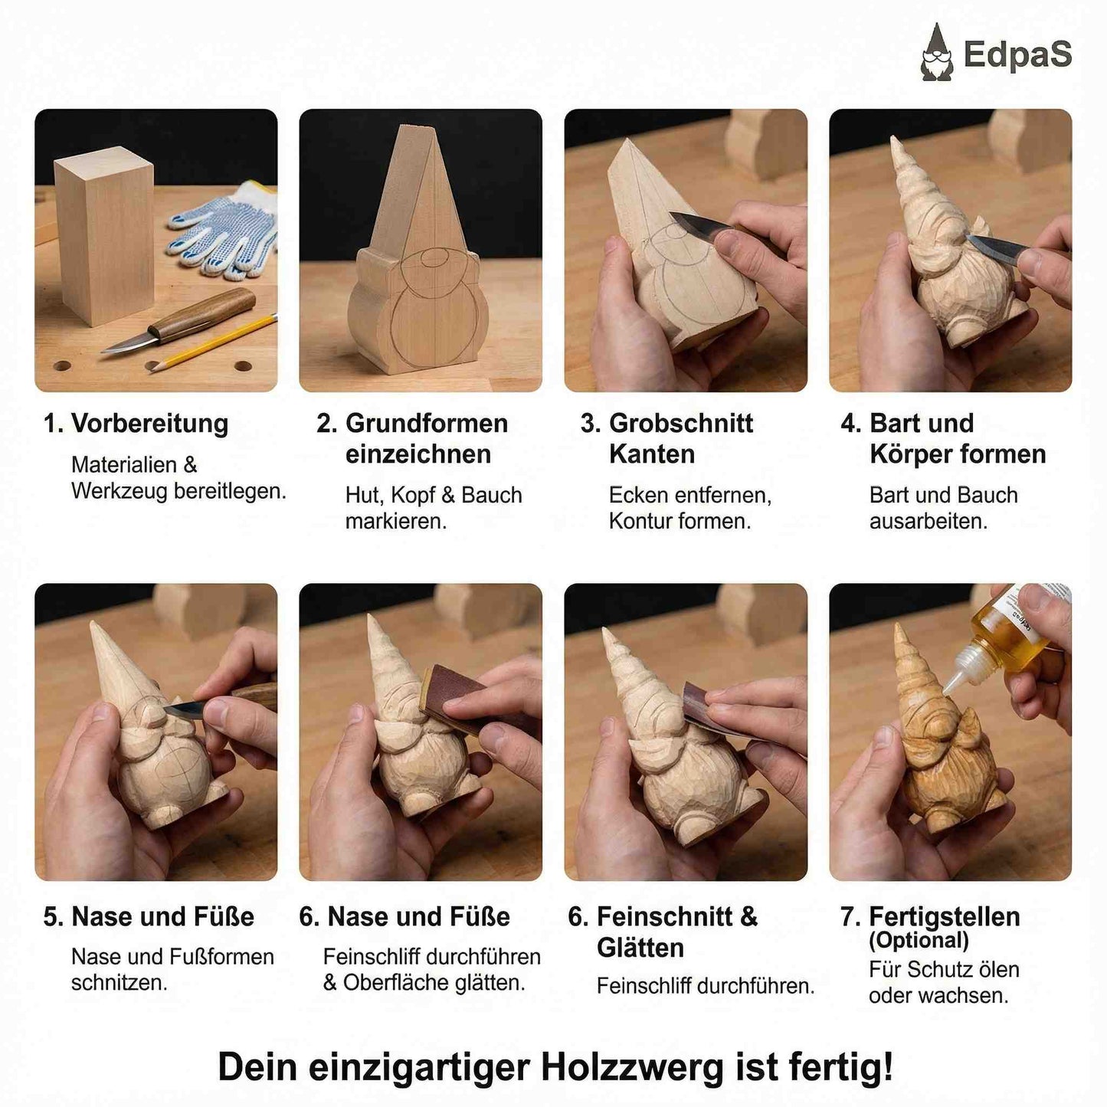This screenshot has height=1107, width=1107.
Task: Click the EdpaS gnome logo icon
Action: tap(936, 52)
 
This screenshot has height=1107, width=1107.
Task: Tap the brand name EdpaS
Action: tap(1017, 54)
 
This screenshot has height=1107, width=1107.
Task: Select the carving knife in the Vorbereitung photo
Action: tap(184, 322)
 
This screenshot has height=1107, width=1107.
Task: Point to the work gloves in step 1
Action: tap(222, 226)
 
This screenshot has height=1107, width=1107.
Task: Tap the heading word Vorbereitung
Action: tap(149, 424)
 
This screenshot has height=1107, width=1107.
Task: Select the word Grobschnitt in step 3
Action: tap(680, 424)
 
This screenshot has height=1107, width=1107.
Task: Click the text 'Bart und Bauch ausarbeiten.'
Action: tap(942, 508)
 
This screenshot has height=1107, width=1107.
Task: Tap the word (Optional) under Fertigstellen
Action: tap(919, 940)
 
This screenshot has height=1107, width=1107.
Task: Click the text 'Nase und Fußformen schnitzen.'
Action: tap(172, 969)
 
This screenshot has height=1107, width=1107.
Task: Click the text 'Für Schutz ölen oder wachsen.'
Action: tap(943, 982)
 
